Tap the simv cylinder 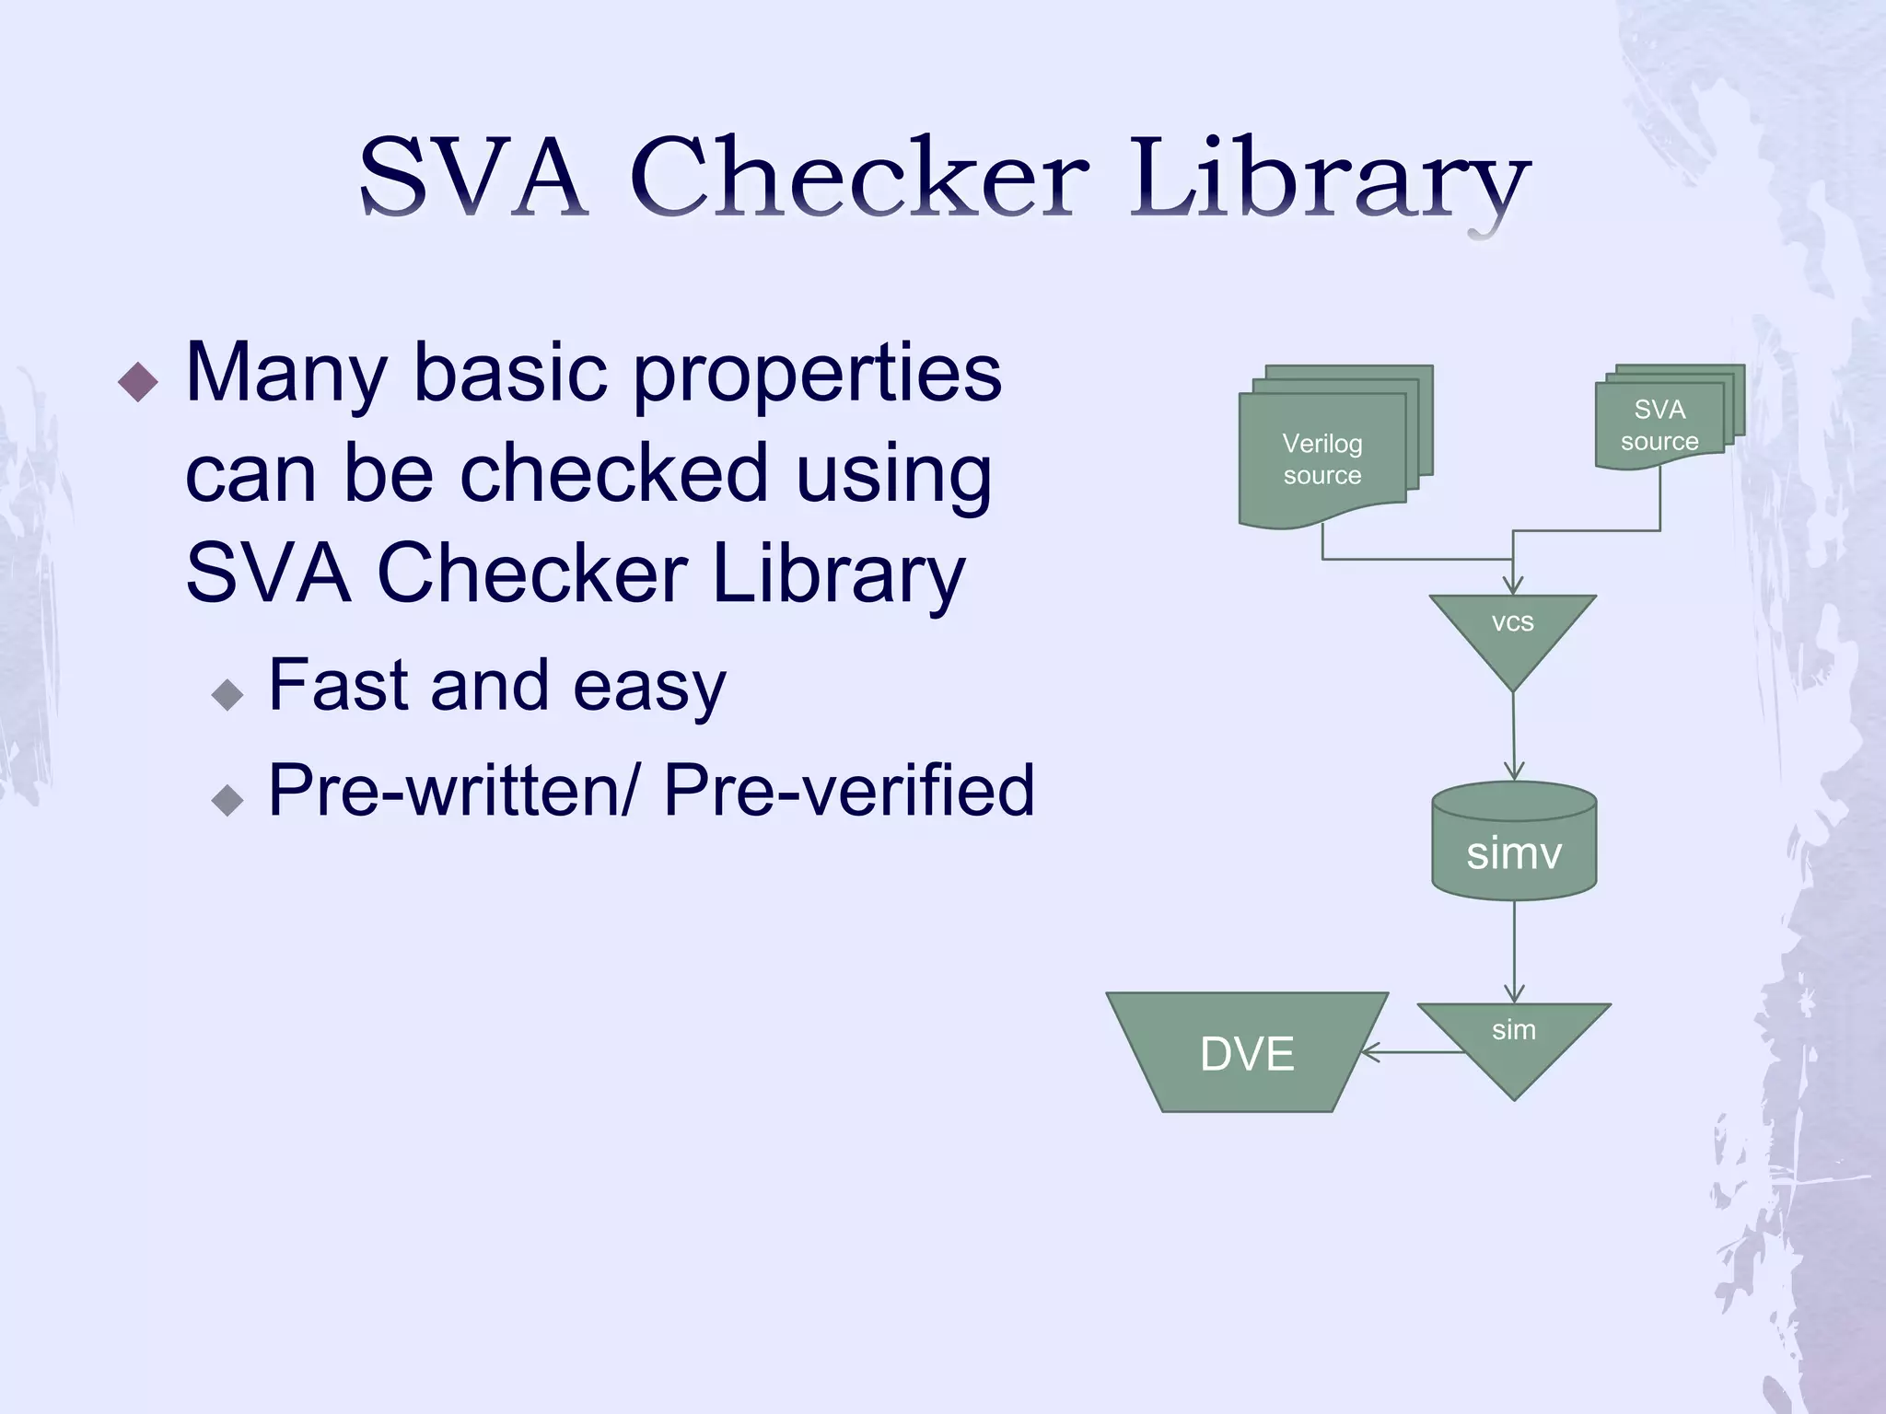pyautogui.click(x=1514, y=842)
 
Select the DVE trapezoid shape pyautogui.click(x=1247, y=1053)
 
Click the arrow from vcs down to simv pyautogui.click(x=1513, y=736)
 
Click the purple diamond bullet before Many pyautogui.click(x=139, y=381)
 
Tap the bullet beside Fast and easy pyautogui.click(x=227, y=693)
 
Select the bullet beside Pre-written pyautogui.click(x=227, y=798)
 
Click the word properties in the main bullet pyautogui.click(x=816, y=376)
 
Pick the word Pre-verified pyautogui.click(x=848, y=790)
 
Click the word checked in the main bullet pyautogui.click(x=613, y=473)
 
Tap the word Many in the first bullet pyautogui.click(x=285, y=376)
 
